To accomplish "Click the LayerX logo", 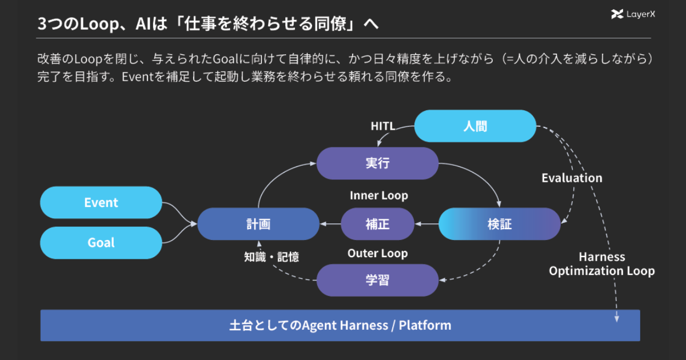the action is [x=633, y=14].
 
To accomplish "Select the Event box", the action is [x=101, y=202].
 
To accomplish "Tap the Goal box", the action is [x=101, y=243].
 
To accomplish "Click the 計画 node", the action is [x=258, y=224].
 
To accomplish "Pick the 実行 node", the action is [x=377, y=163].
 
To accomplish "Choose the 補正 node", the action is [x=377, y=224].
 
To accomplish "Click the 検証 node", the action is [x=500, y=224].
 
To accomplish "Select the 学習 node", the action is [x=377, y=280].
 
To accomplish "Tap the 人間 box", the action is [x=475, y=126].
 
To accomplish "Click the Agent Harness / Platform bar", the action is [x=340, y=325].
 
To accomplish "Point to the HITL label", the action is [x=383, y=126].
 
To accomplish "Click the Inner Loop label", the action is [x=379, y=195].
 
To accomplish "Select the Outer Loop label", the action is [x=378, y=253].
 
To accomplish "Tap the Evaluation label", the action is [x=572, y=178].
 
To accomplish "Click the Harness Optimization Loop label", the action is [x=602, y=263].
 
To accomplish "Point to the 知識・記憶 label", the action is [x=272, y=257].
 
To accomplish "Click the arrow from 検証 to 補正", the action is [x=426, y=224].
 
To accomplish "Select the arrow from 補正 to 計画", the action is [x=330, y=224].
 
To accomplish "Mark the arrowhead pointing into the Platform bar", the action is [x=616, y=319].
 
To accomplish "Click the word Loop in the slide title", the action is [x=99, y=24].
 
